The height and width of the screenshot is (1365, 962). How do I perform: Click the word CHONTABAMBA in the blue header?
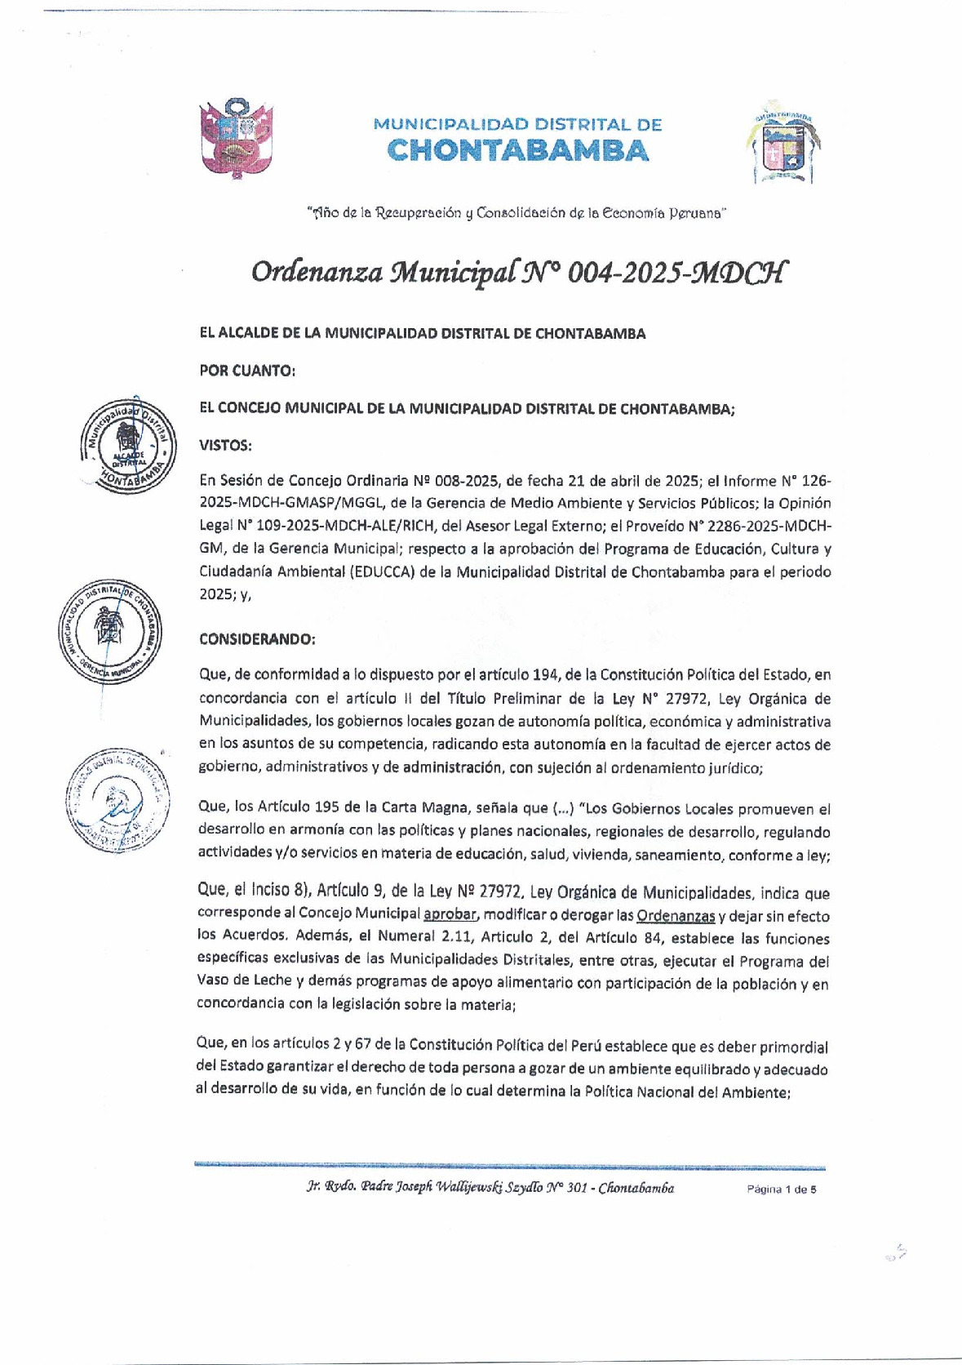[518, 151]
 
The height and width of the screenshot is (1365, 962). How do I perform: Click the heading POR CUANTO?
[247, 371]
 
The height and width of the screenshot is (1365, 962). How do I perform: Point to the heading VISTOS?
[225, 445]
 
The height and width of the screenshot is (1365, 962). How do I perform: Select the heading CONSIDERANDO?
[257, 638]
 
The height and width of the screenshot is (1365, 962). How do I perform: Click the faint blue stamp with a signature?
[118, 799]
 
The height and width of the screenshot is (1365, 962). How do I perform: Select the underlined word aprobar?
[450, 915]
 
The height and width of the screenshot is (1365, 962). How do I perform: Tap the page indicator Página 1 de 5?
[781, 1189]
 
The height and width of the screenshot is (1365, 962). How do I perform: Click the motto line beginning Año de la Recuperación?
[516, 213]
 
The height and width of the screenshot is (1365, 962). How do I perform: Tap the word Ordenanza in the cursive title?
[318, 271]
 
